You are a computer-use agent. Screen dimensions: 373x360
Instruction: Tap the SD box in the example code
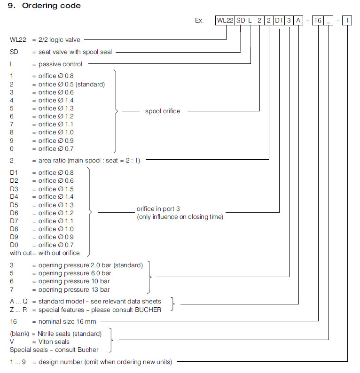[241, 21]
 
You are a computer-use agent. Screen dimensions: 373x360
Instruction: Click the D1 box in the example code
[279, 21]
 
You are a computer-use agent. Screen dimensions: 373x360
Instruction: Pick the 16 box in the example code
[319, 21]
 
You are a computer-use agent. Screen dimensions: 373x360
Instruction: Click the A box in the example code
[299, 21]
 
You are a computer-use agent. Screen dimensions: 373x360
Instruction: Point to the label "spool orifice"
[163, 111]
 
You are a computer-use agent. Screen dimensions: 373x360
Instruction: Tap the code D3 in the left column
[15, 188]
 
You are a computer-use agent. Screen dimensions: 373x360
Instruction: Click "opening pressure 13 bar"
[74, 289]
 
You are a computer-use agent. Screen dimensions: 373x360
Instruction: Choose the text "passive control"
[60, 64]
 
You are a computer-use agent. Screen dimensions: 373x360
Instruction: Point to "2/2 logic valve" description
[59, 40]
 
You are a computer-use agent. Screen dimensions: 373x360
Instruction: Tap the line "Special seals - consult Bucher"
[55, 350]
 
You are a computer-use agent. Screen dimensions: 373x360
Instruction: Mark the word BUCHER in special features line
[148, 309]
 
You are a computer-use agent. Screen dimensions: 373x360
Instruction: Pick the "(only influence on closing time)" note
[180, 217]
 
